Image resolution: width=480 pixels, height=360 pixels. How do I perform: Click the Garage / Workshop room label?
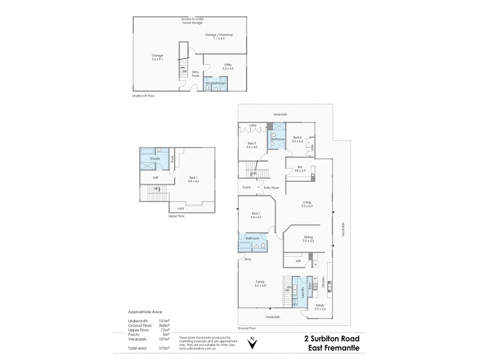coord(218,35)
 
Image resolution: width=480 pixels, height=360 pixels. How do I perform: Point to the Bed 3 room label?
coord(252,143)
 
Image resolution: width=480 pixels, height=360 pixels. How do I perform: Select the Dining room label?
coord(307,239)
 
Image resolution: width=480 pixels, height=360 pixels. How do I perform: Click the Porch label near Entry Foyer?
coord(246,187)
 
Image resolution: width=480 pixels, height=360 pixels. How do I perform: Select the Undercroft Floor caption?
coord(143,95)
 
